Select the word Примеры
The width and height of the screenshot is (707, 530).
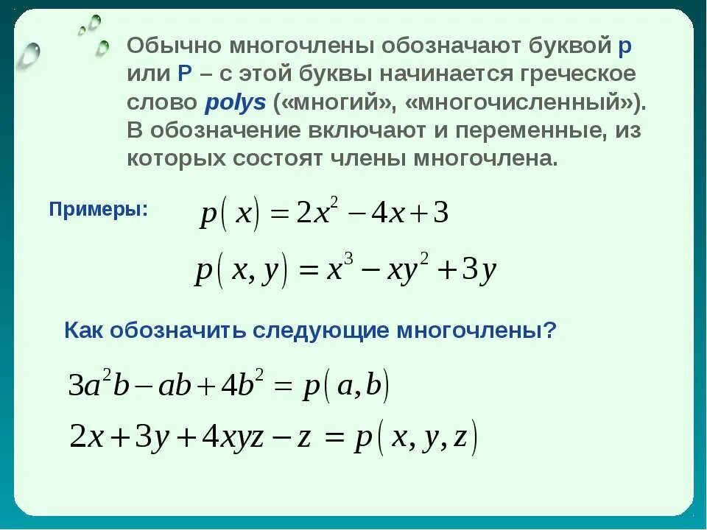coord(98,209)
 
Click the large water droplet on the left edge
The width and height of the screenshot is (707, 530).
coord(29,55)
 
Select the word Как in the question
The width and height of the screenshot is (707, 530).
coord(84,331)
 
